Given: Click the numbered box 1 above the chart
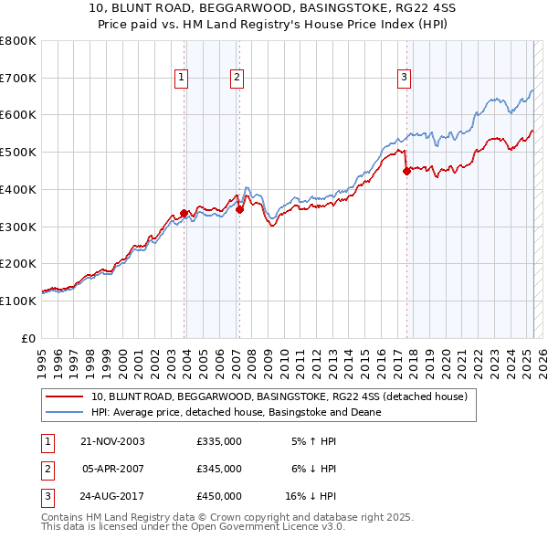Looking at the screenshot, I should (x=183, y=79).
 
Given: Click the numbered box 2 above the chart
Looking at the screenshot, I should (x=237, y=79).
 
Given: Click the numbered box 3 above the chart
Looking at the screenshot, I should (x=404, y=79).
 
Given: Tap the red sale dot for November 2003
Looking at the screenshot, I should (x=184, y=214).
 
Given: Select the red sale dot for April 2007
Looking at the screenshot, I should (x=239, y=209).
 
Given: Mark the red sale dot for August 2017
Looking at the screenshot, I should (x=407, y=171).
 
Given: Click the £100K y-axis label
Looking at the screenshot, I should (x=19, y=301).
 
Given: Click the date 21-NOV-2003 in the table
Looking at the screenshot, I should (x=113, y=441).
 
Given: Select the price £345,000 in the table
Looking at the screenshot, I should (x=219, y=469).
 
